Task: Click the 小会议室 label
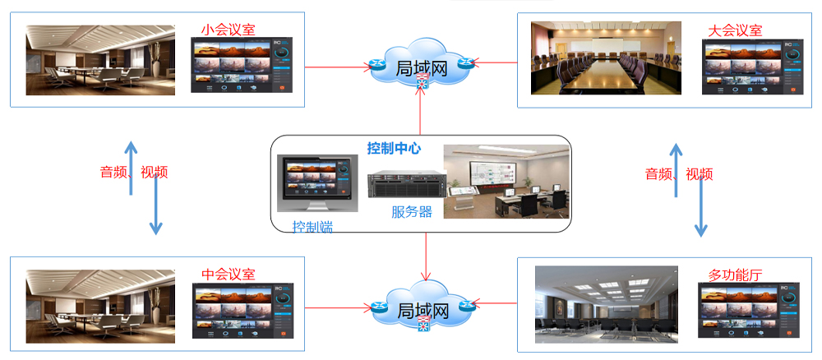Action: tap(228, 30)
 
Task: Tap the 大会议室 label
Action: tap(735, 30)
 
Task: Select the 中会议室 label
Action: tap(228, 274)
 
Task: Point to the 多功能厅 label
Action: tap(735, 274)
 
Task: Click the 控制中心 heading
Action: tap(394, 149)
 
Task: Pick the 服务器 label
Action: tap(411, 211)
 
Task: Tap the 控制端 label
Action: tap(313, 226)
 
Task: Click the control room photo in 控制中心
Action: tap(506, 182)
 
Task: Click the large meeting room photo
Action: tap(606, 58)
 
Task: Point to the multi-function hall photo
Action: tap(606, 304)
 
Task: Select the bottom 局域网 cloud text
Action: tap(422, 311)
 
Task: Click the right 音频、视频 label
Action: tap(679, 173)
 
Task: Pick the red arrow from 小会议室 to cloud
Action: tap(337, 66)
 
